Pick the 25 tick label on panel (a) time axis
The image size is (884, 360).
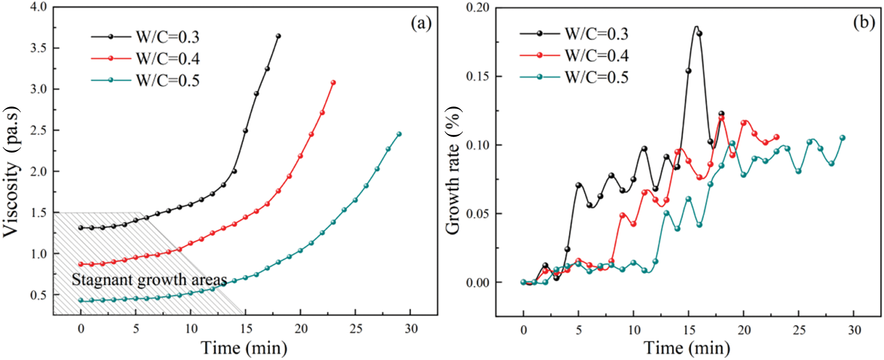coord(356,329)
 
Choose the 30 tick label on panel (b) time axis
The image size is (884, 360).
coord(854,330)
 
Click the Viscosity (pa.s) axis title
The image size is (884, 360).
coord(12,173)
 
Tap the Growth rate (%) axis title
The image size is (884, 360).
coord(453,170)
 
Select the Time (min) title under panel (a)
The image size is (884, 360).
coord(244,348)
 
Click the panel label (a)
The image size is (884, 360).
coord(421,23)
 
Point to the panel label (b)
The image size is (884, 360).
coord(864,22)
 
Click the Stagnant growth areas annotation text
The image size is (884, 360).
coord(149,280)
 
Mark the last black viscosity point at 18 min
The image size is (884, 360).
coord(278,36)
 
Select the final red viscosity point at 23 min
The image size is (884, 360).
coord(333,83)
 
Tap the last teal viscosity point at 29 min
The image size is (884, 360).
coord(399,134)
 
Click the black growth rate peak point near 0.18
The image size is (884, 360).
coord(699,33)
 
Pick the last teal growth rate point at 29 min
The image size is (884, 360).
coord(843,138)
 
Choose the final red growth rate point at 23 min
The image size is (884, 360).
coord(777,137)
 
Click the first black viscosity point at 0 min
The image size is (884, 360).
coord(80,228)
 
